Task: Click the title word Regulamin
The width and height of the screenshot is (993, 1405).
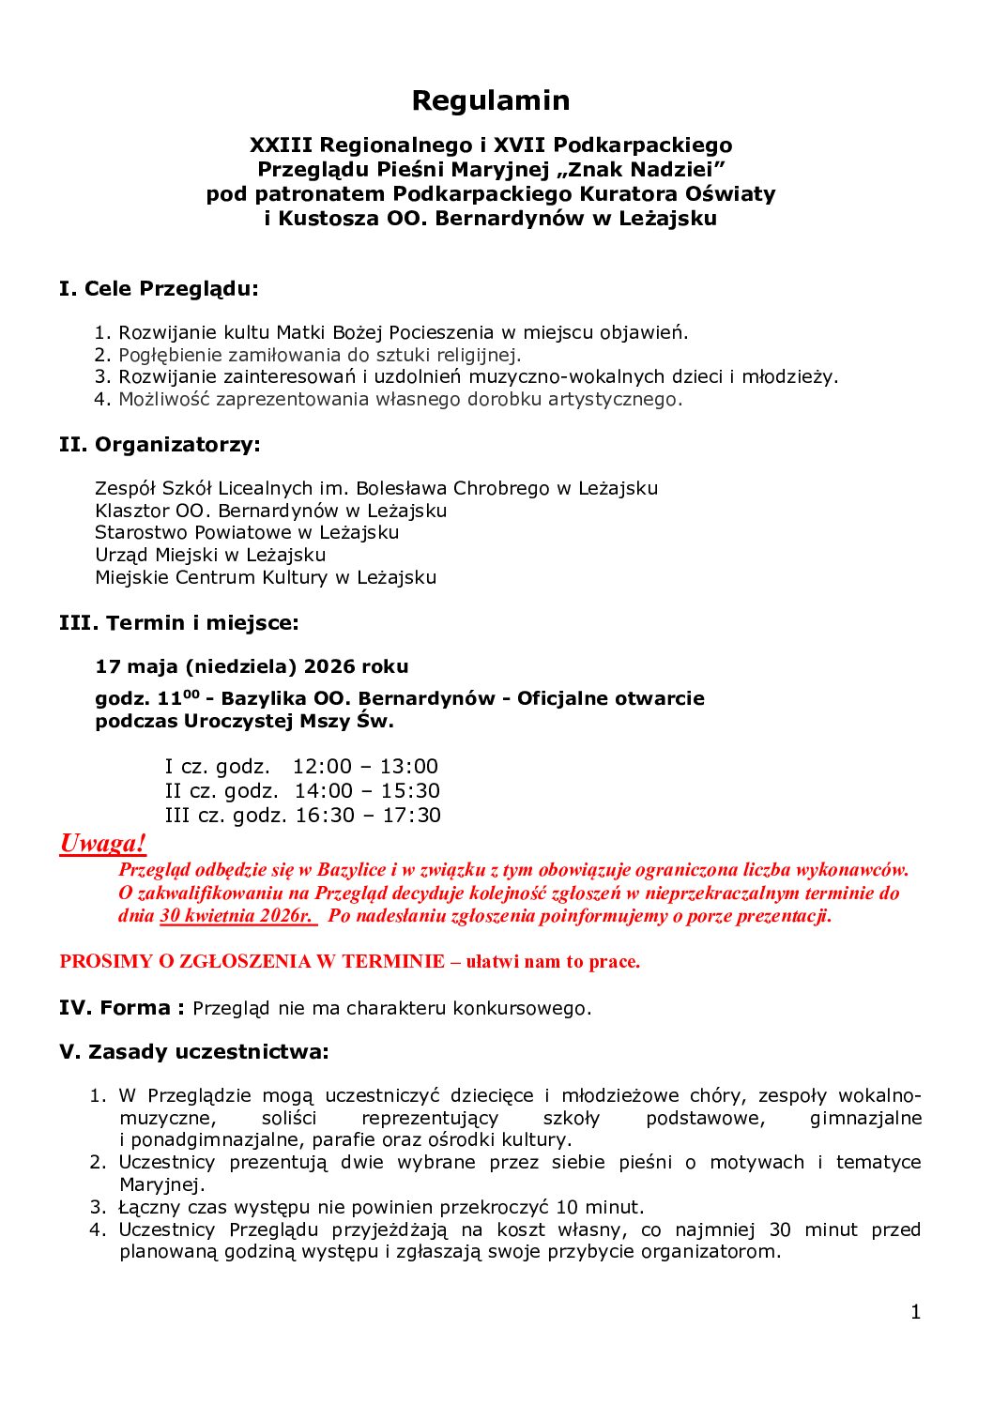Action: [x=491, y=100]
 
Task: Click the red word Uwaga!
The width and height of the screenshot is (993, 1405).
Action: [x=103, y=843]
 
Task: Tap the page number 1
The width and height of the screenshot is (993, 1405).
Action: [x=916, y=1312]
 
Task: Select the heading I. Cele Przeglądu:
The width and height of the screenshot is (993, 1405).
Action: [x=159, y=288]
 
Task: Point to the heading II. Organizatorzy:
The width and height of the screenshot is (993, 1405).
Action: [x=160, y=444]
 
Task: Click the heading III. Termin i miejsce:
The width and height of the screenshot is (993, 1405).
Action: [x=179, y=622]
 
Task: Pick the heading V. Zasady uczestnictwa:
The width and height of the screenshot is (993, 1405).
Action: [x=194, y=1051]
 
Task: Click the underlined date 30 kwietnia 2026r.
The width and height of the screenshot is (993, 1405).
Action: [x=237, y=916]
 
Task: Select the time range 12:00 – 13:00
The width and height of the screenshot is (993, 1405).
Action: [x=365, y=767]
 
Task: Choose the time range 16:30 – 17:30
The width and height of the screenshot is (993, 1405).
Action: [x=368, y=816]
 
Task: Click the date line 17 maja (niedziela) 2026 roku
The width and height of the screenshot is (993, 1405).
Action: [x=252, y=666]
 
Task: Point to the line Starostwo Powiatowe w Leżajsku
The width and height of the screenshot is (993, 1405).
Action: [x=247, y=532]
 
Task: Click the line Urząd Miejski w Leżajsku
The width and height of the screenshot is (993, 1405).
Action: [x=210, y=555]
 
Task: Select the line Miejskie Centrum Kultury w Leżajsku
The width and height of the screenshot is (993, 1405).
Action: [x=266, y=577]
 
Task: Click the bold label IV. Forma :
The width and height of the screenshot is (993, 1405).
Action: [x=122, y=1008]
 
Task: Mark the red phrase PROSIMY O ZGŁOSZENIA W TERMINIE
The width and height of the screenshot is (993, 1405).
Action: [x=252, y=962]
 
